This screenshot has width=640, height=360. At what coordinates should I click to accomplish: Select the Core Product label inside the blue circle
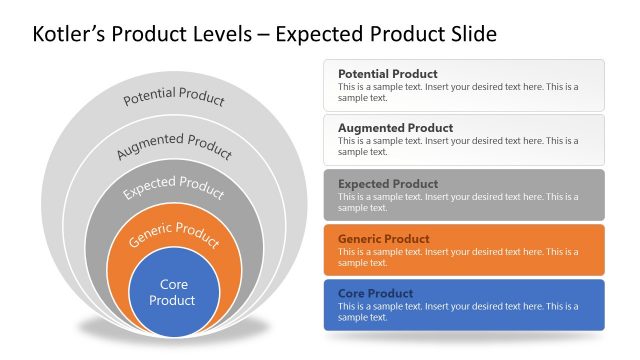click(174, 292)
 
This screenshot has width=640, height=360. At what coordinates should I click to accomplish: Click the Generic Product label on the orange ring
click(174, 235)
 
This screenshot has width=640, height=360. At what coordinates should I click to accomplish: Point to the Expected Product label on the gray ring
click(174, 187)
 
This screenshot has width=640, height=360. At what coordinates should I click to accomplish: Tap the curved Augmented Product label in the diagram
click(174, 145)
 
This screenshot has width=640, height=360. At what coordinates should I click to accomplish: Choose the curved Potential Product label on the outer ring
click(174, 98)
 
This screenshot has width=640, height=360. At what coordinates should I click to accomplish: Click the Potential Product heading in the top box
click(387, 74)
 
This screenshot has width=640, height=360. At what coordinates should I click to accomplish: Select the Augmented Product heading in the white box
click(395, 129)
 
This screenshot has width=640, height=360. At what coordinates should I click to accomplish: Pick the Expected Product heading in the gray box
click(388, 184)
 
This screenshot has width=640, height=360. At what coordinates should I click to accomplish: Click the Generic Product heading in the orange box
click(384, 239)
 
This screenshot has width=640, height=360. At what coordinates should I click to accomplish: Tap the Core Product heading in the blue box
click(376, 294)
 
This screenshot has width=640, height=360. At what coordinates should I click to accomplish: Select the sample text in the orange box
click(458, 257)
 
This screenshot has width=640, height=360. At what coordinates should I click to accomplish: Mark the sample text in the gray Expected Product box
click(458, 202)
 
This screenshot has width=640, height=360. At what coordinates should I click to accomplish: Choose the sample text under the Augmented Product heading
click(458, 147)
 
